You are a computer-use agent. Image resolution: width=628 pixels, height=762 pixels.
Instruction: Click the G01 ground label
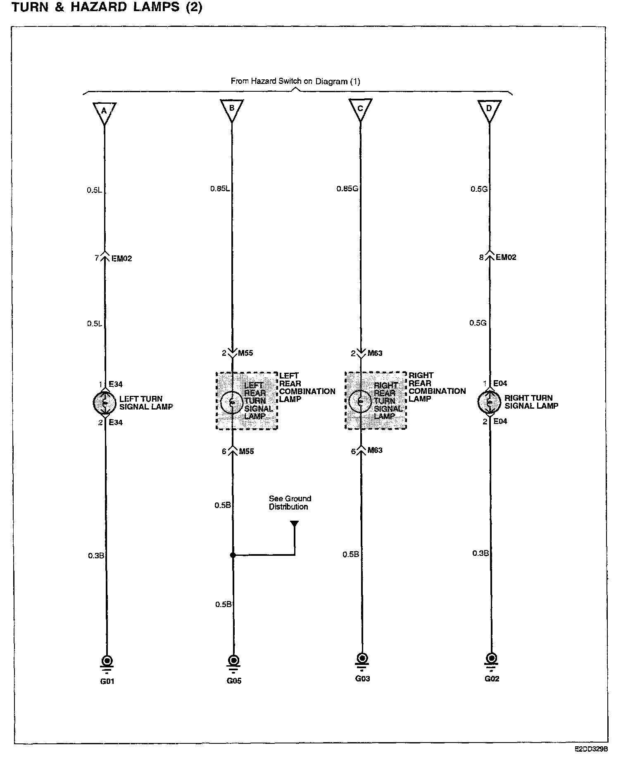(107, 681)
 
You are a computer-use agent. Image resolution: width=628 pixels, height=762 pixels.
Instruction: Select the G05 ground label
(233, 681)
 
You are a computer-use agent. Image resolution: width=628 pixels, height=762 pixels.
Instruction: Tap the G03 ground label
(362, 678)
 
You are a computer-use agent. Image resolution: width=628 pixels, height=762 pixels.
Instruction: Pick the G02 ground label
(492, 678)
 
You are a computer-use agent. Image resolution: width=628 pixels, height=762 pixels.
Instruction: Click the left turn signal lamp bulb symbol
(105, 402)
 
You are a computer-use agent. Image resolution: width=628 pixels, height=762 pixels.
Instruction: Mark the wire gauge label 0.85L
(220, 189)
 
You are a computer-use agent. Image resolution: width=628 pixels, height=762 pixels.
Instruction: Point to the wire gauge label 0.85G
(347, 189)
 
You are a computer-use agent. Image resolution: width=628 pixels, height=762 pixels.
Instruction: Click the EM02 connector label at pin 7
(122, 259)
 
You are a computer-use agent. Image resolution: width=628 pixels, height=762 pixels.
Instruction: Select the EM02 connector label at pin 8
(506, 257)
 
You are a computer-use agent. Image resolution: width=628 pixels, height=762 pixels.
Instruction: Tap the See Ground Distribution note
(289, 502)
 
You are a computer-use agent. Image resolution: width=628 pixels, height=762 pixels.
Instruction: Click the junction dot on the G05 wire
(233, 555)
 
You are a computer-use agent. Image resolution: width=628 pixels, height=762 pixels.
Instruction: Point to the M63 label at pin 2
(375, 353)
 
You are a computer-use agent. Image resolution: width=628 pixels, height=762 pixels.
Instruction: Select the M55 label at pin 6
(247, 451)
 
